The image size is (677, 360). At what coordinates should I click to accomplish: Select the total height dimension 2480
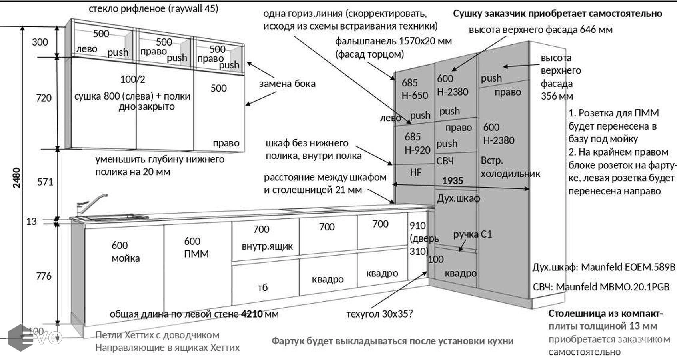17,178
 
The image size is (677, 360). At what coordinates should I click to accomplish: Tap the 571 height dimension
45,182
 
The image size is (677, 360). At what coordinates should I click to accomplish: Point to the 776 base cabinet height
44,276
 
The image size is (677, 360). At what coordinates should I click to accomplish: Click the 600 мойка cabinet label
125,252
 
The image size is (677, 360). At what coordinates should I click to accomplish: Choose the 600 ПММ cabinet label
196,247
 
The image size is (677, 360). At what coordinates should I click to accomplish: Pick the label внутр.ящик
267,246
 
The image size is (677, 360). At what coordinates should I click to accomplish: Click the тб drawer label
262,288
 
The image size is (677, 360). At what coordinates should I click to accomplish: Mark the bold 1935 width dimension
452,181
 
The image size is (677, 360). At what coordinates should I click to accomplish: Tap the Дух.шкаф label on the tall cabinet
458,198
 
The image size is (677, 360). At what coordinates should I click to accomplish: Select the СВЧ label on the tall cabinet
445,161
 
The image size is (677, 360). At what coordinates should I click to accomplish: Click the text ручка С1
472,234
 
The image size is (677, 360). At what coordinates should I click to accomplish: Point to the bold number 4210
252,314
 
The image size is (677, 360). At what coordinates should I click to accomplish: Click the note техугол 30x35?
379,314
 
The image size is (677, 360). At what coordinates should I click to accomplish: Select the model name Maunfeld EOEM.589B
628,267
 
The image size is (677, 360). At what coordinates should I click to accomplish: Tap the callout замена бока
287,84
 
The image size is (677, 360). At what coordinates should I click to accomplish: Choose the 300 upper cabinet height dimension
40,42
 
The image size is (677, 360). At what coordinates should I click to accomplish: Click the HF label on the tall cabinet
415,172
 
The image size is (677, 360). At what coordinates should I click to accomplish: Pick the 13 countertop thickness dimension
31,222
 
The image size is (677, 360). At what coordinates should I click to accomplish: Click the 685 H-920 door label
417,143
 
